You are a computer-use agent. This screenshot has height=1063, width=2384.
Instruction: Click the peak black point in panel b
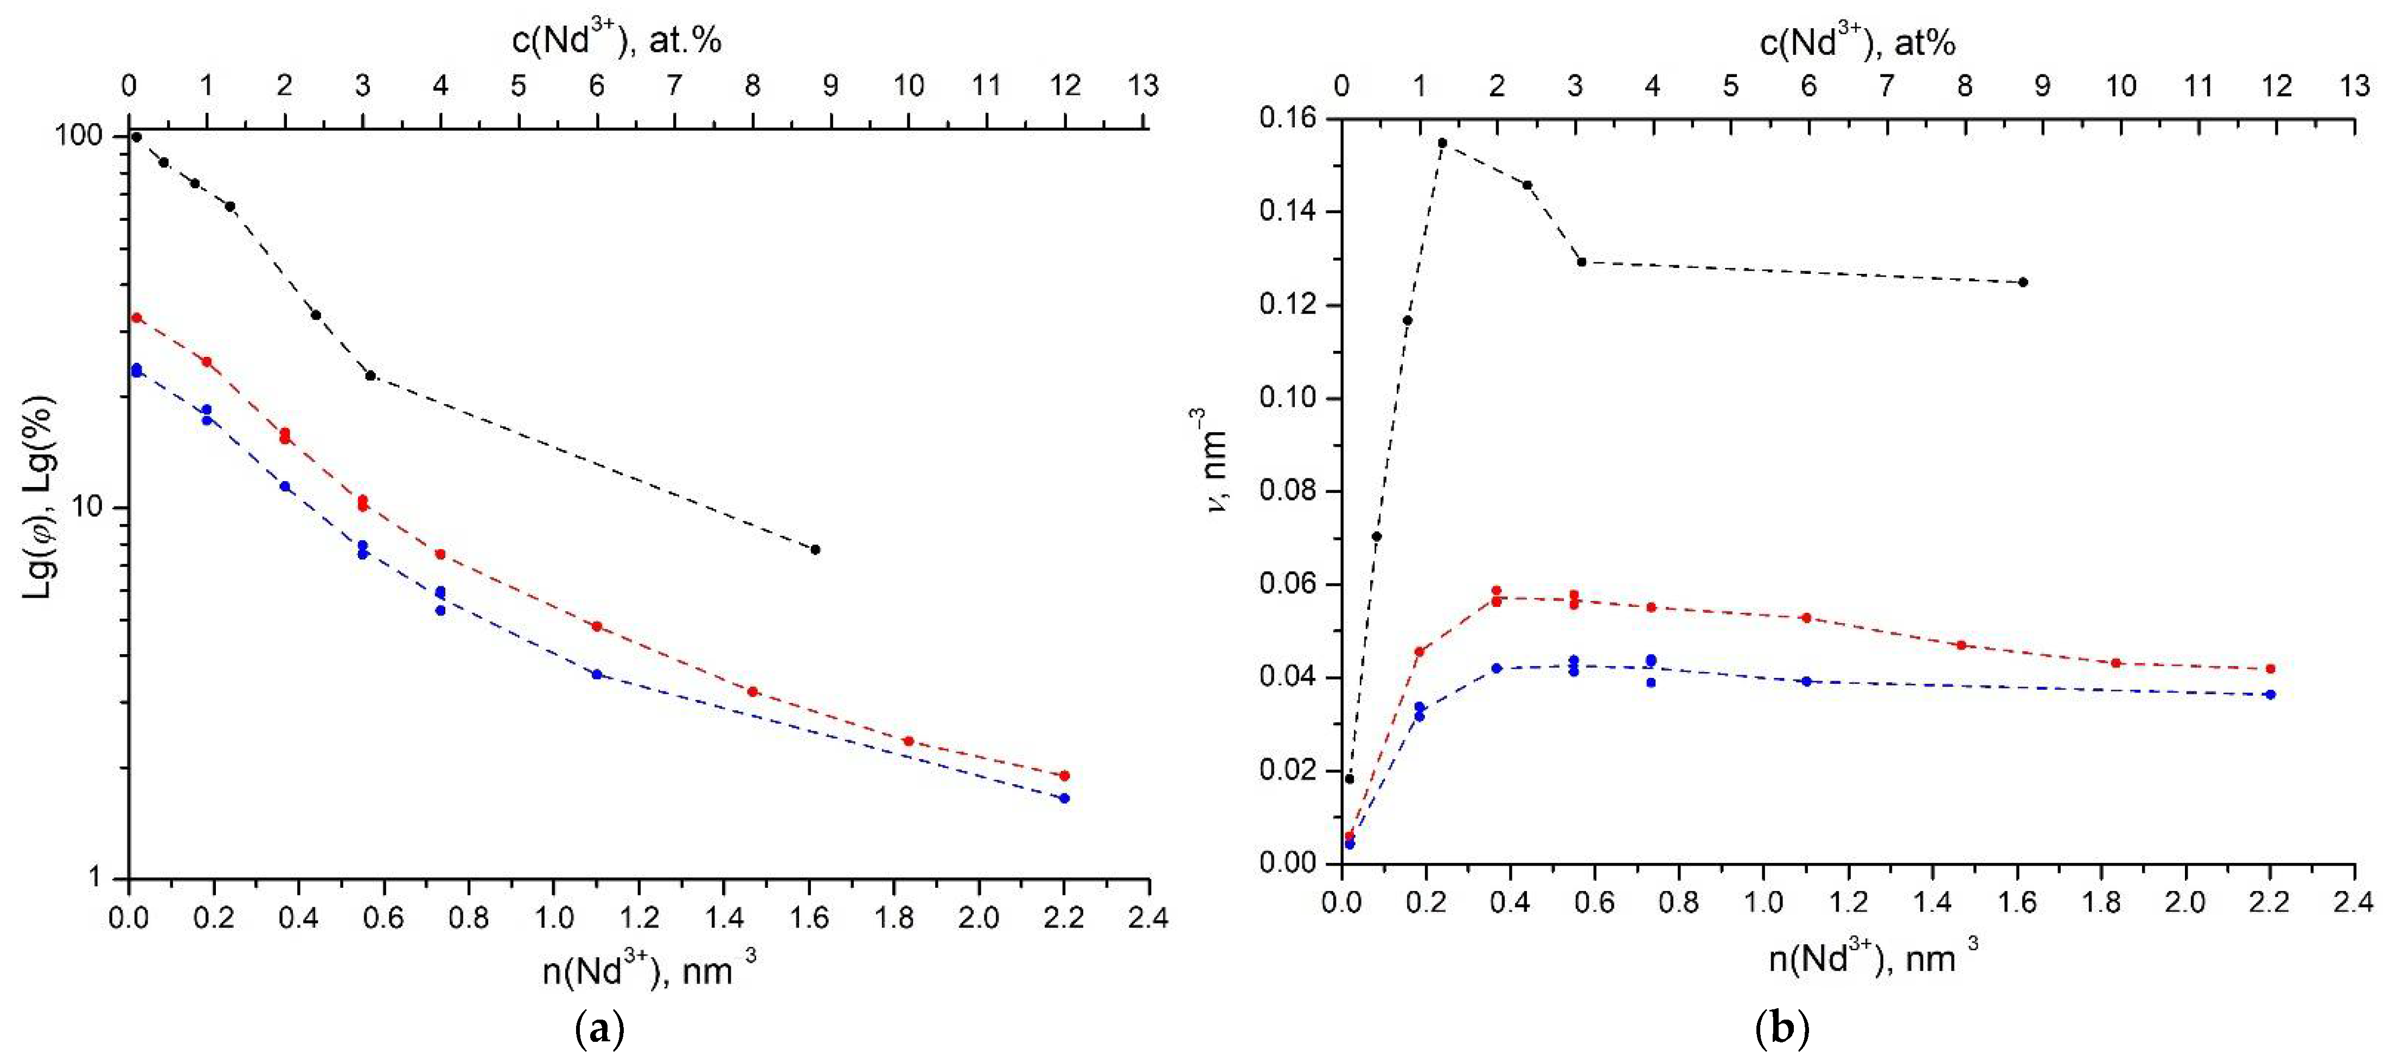point(1442,143)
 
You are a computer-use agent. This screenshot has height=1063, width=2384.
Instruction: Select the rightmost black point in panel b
point(2023,282)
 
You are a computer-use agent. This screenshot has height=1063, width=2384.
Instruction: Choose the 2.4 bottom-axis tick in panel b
point(2354,902)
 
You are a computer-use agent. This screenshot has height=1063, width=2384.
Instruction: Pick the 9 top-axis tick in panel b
point(2042,86)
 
